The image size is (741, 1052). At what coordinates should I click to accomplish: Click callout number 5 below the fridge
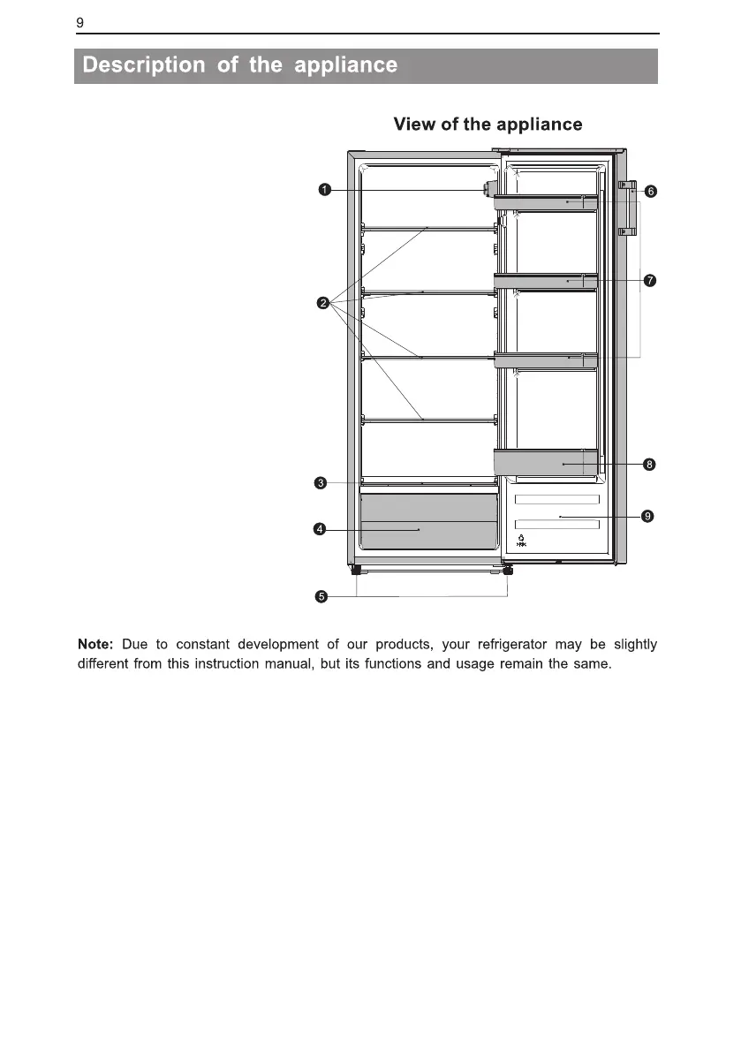(x=321, y=596)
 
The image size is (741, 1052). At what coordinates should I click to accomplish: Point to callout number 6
(x=649, y=191)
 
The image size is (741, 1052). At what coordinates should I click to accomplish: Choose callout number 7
(x=649, y=281)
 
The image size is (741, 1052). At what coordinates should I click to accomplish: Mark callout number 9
(x=647, y=516)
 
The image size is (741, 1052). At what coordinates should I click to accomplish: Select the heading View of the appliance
(x=488, y=125)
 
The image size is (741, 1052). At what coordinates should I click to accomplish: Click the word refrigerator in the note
(x=501, y=644)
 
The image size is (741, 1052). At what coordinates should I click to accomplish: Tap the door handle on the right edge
(x=627, y=208)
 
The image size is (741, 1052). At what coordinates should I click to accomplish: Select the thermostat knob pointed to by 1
(x=487, y=189)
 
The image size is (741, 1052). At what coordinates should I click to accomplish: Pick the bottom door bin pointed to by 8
(x=545, y=462)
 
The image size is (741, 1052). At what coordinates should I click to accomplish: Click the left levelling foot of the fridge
(x=357, y=571)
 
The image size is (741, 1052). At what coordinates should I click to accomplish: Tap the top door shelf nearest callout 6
(x=545, y=203)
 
